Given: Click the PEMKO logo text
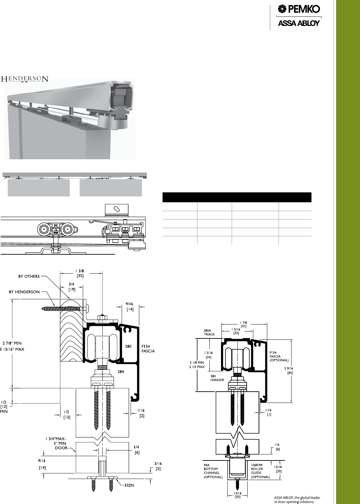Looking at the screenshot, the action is pos(304,9).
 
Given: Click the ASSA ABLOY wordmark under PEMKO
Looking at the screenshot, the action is pos(299,23).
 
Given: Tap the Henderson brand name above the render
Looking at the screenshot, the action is pos(25,79).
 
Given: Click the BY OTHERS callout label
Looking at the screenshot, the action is pos(29,276).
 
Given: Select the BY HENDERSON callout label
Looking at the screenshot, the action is pos(24,292).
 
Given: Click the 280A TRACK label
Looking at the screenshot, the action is pos(209,332).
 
